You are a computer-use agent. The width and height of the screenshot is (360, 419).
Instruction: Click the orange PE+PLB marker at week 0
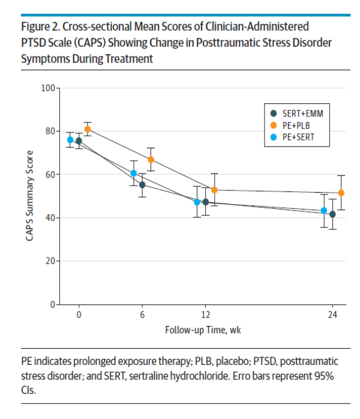coord(88,129)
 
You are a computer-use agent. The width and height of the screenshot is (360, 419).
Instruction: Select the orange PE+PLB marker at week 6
coord(151,160)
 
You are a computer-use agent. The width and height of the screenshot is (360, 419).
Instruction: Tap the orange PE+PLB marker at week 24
coord(341,193)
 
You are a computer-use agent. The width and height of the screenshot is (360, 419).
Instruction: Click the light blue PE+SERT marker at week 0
coord(70,140)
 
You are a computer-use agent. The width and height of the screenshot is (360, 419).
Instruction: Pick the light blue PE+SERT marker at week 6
coord(134,173)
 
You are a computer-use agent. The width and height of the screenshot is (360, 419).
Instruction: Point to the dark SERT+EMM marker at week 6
coord(142,185)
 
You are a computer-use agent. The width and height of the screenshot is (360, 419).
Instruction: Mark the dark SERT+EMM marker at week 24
coord(332,214)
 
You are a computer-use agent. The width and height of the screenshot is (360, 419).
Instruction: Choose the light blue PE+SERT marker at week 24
coord(324,211)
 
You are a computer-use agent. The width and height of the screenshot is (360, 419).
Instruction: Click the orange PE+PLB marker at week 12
coord(214,190)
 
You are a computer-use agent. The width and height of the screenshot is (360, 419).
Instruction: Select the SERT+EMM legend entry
coord(291,113)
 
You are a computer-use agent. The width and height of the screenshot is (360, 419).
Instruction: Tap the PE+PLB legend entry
coord(287,125)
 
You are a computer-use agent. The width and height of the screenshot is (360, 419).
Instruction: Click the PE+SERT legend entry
coord(289,137)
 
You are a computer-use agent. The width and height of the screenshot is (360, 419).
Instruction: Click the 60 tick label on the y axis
coord(50,175)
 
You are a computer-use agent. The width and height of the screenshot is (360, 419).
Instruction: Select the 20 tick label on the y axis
coord(50,261)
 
